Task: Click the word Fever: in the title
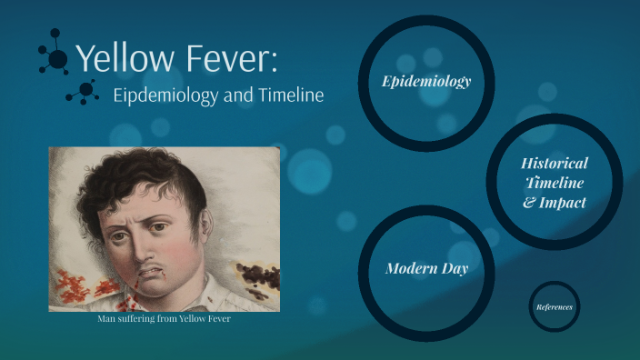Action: [231, 58]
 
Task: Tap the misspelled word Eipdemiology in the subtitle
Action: [166, 96]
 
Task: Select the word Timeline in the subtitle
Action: [288, 96]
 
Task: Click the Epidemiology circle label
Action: [426, 82]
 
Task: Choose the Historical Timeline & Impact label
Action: [555, 183]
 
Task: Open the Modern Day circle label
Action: [426, 268]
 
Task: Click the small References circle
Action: [555, 306]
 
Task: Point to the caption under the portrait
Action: [165, 318]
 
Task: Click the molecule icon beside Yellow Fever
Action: [55, 57]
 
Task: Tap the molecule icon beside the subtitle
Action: [84, 91]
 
